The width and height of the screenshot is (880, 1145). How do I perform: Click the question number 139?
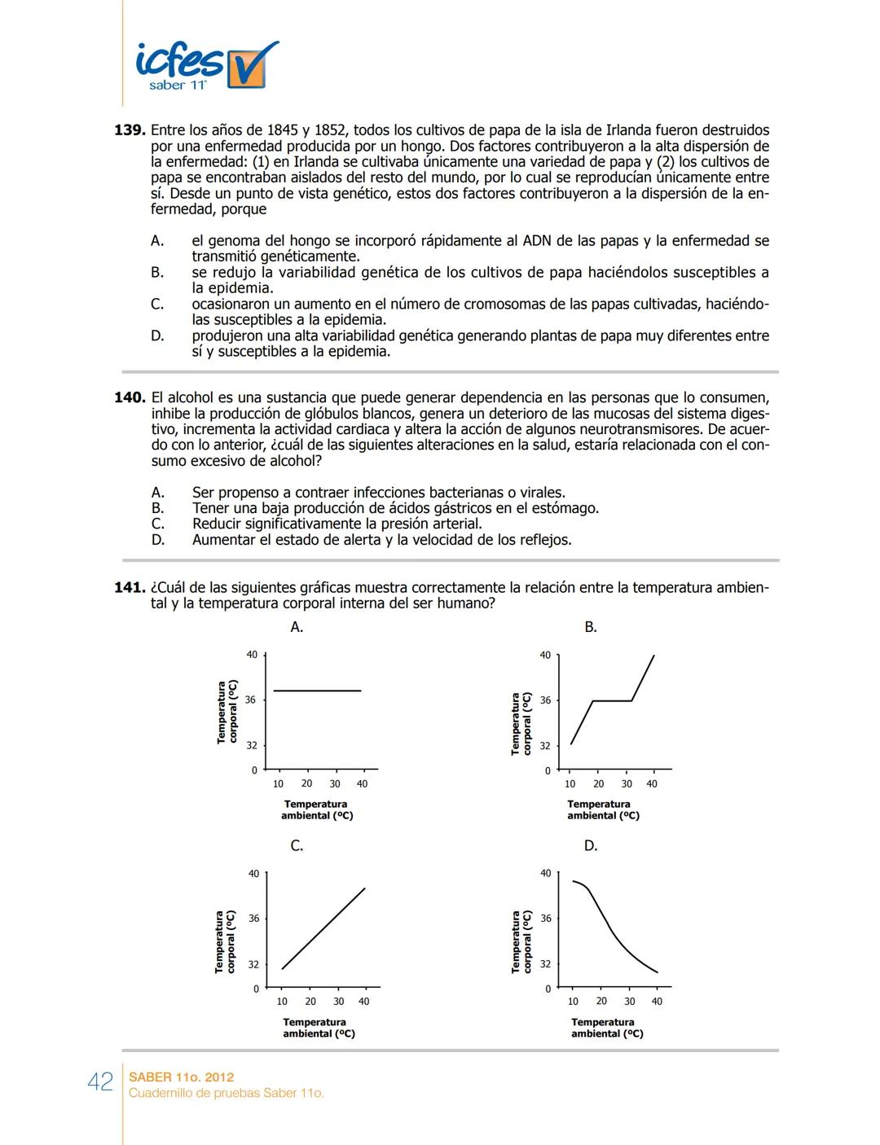(x=130, y=130)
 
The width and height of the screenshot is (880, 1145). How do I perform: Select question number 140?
(x=130, y=397)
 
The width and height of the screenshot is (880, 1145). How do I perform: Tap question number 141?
(x=130, y=587)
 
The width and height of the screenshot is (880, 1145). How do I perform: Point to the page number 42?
(x=100, y=1081)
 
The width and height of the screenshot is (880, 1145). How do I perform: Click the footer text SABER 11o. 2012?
(x=181, y=1077)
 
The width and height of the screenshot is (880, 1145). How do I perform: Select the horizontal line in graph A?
(x=317, y=691)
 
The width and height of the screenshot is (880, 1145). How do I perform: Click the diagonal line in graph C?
(x=323, y=928)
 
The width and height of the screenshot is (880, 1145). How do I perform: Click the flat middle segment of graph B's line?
(x=612, y=700)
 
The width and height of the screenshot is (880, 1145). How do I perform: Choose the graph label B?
(x=591, y=627)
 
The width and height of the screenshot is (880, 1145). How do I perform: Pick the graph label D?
(x=591, y=846)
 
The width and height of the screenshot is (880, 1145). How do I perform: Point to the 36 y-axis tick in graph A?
(x=251, y=700)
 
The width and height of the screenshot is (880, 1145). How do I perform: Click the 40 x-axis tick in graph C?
(x=363, y=1002)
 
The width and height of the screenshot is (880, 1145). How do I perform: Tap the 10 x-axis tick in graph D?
(x=573, y=1002)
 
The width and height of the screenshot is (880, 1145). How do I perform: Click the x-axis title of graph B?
(x=603, y=809)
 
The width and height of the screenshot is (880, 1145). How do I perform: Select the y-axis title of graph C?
(x=225, y=941)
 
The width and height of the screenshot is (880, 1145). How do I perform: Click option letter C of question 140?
(x=158, y=524)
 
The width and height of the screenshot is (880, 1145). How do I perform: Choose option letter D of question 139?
(x=157, y=336)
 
